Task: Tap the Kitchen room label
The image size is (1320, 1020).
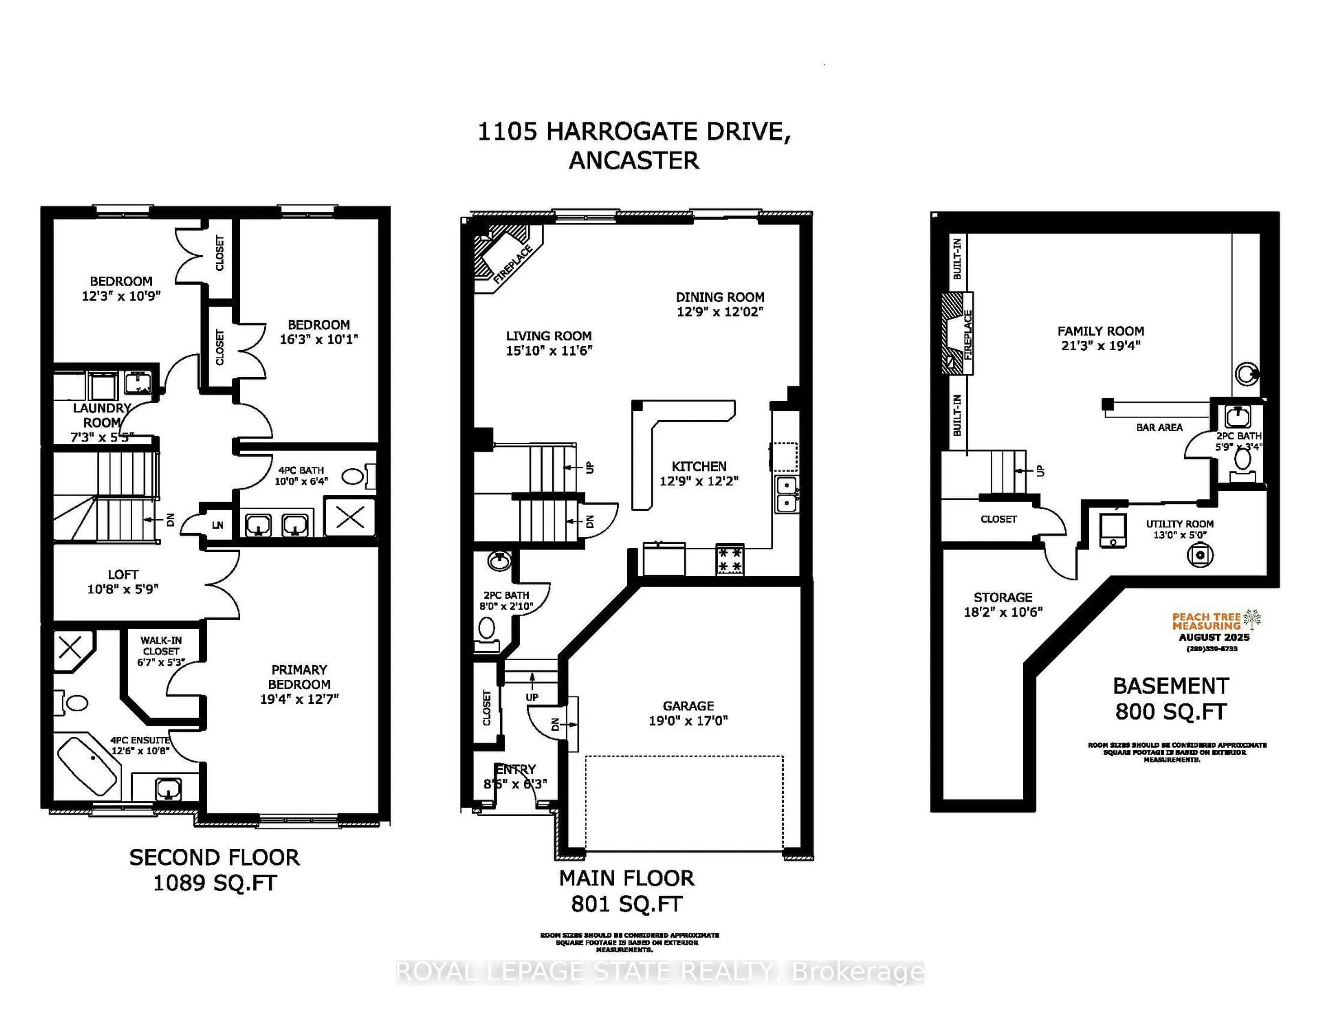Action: tap(699, 466)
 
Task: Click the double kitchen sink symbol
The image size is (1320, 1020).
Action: tap(786, 494)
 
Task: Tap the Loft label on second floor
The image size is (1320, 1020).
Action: tap(123, 575)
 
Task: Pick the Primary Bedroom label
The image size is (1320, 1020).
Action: tap(299, 677)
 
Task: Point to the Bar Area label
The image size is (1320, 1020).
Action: tap(1159, 427)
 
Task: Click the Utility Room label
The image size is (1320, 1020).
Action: tap(1179, 524)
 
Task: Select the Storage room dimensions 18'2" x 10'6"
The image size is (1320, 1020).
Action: tap(1003, 612)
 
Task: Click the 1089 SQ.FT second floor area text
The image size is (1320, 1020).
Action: tap(214, 884)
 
